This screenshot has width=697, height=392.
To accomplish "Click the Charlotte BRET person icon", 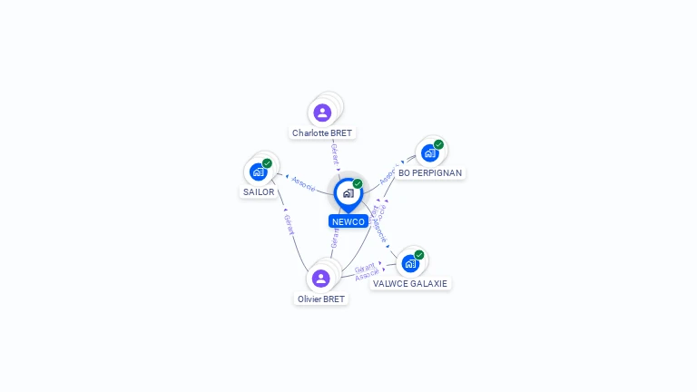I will tap(322, 113).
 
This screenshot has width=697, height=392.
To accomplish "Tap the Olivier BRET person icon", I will tap(320, 279).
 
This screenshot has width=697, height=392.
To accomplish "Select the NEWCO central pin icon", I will tap(348, 193).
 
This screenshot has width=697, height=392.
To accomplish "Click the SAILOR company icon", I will tap(259, 171).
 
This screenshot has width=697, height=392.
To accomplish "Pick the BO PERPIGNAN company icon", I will tap(430, 152).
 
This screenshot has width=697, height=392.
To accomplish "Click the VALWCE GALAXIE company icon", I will tap(410, 263).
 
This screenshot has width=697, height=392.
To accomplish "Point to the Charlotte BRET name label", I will tap(322, 133).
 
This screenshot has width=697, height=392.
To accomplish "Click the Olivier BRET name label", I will tap(321, 299).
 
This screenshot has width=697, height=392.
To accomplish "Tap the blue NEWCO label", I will tap(348, 221).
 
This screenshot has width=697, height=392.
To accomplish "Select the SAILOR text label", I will tap(259, 191).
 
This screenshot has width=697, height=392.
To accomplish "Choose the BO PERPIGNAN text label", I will tap(430, 172).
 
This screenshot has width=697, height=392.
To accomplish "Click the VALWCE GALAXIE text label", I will tap(411, 283).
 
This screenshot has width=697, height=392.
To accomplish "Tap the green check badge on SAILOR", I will tap(267, 163).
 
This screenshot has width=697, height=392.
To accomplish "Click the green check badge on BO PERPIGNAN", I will tap(438, 144).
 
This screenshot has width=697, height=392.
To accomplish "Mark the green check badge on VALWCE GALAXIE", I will tap(419, 255).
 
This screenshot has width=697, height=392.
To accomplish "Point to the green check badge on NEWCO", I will tap(358, 184).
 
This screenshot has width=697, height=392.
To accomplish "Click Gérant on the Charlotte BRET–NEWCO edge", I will tap(335, 153).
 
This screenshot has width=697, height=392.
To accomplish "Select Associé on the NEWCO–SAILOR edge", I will tap(303, 183).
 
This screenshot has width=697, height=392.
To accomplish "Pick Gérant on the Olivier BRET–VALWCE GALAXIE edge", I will tap(364, 269).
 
